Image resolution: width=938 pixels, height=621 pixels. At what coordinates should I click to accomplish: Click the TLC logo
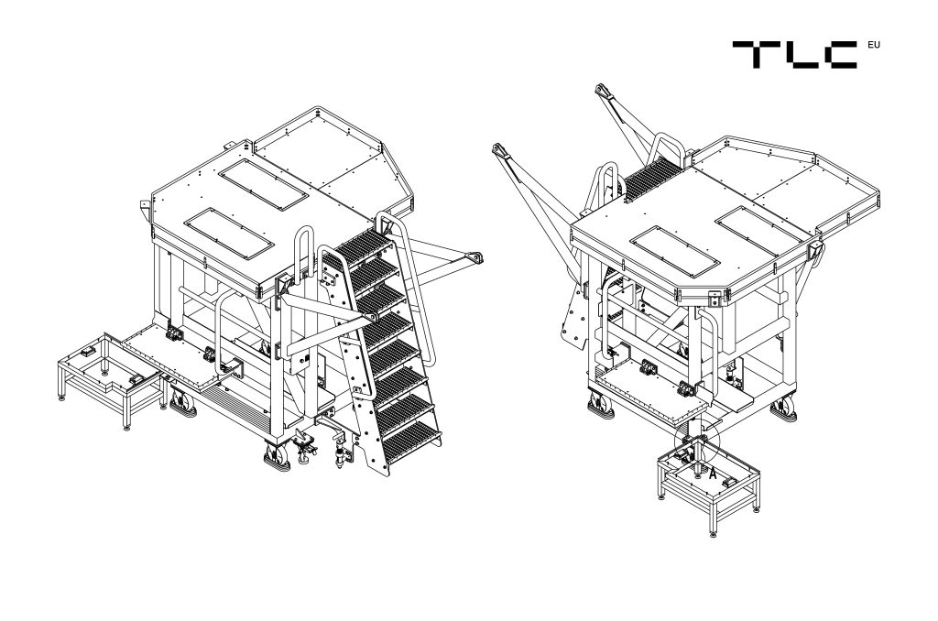pyautogui.click(x=794, y=54)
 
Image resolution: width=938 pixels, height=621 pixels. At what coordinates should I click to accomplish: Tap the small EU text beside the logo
pyautogui.click(x=873, y=45)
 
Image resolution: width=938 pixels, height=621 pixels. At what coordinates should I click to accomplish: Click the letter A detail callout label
pyautogui.click(x=713, y=474)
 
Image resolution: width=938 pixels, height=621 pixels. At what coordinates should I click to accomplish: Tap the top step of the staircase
pyautogui.click(x=363, y=244)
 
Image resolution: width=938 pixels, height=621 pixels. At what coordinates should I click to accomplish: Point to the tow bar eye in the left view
pyautogui.click(x=475, y=258)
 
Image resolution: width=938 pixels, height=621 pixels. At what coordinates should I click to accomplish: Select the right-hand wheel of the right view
pyautogui.click(x=784, y=408)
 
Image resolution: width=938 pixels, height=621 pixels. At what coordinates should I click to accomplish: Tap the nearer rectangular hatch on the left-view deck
pyautogui.click(x=229, y=234)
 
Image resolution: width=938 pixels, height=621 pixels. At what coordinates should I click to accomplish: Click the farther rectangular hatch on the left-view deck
pyautogui.click(x=263, y=184)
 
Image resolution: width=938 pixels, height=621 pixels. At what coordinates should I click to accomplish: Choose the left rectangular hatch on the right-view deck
pyautogui.click(x=675, y=251)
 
